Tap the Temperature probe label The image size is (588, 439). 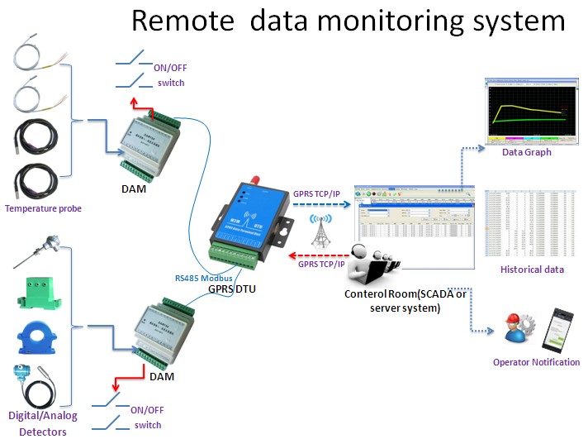(x=43, y=208)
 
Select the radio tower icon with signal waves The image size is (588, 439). (x=320, y=231)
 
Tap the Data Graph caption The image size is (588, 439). (x=526, y=152)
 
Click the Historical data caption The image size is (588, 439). (x=532, y=270)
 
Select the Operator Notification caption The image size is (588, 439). (x=536, y=362)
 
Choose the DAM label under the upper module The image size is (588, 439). (x=130, y=188)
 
